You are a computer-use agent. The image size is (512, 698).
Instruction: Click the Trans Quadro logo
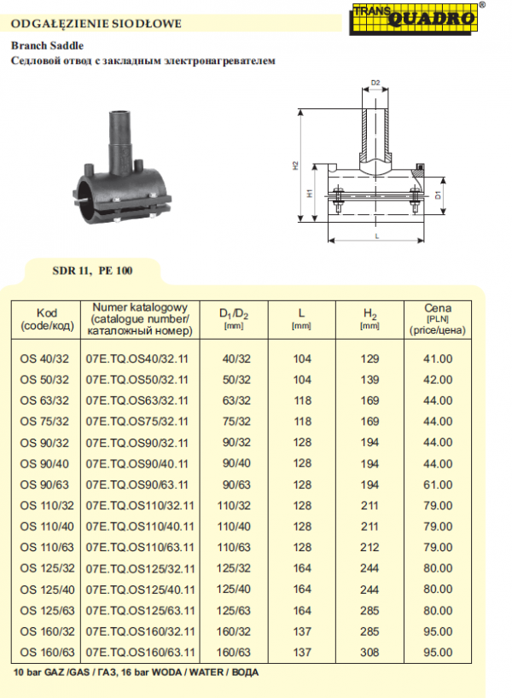[413, 19]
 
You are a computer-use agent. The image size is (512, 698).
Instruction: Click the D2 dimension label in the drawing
[375, 83]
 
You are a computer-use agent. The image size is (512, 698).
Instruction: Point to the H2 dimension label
[294, 166]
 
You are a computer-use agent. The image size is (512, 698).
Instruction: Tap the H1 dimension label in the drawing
[310, 193]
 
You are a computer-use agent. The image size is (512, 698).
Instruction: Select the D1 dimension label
[438, 195]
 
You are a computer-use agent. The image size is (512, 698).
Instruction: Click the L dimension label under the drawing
[376, 236]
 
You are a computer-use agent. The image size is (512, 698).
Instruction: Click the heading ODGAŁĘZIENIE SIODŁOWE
[96, 24]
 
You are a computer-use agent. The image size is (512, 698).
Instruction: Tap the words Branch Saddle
[47, 45]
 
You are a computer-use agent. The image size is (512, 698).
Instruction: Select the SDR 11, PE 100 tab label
[92, 270]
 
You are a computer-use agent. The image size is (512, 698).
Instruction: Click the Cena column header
[437, 319]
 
